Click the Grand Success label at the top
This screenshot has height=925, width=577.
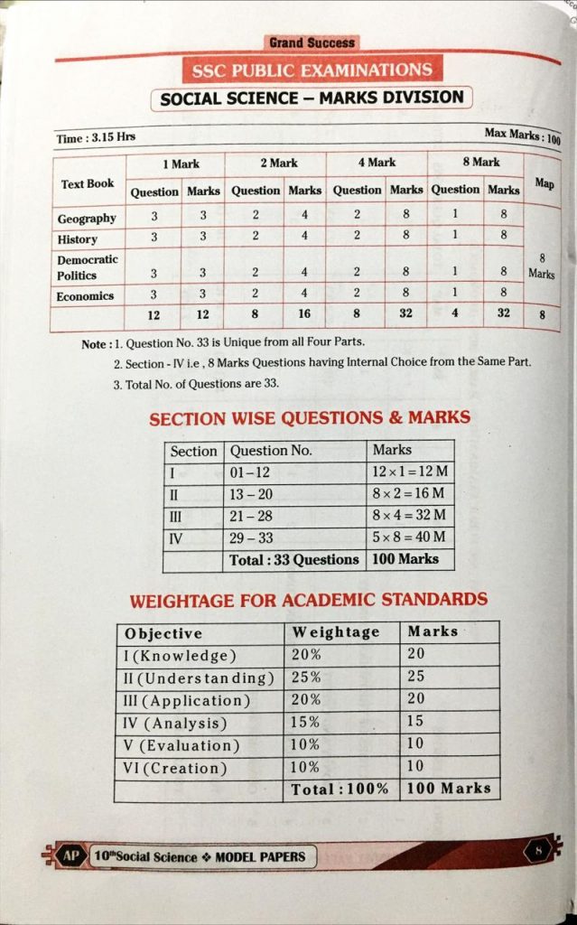312,42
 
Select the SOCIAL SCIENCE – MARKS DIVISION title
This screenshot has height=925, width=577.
312,98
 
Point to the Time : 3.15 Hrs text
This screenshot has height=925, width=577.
96,137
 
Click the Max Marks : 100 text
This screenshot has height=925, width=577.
521,135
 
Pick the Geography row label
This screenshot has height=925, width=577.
87,219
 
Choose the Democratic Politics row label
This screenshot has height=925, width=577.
87,266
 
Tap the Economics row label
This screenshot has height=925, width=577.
85,296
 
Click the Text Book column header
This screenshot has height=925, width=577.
88,183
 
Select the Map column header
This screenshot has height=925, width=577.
544,182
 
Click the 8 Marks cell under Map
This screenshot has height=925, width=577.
542,266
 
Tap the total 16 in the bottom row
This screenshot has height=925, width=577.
304,314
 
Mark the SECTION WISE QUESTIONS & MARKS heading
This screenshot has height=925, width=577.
310,418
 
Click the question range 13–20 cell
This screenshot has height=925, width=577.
252,494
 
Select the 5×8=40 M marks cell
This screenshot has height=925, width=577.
410,537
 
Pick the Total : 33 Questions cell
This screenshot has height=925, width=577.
294,559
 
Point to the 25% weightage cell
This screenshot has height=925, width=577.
307,677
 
